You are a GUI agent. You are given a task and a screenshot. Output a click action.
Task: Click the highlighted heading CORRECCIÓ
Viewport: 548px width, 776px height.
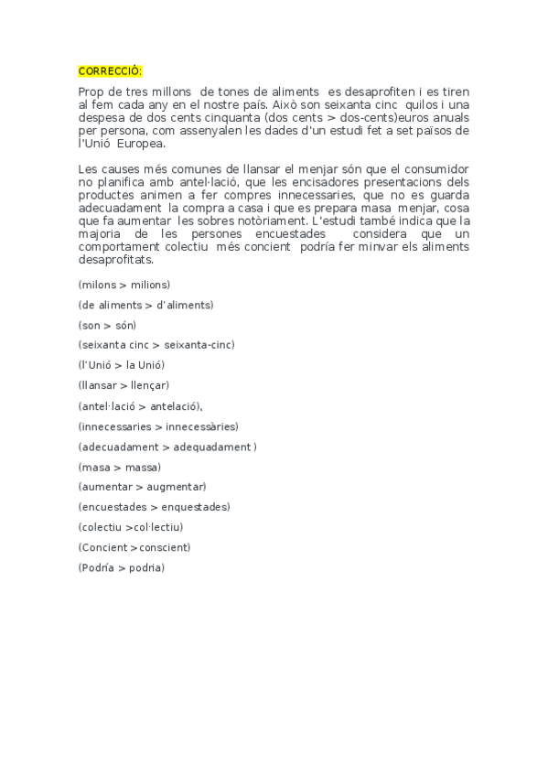111,70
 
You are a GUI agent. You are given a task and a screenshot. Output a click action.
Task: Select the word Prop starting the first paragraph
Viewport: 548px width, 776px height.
91,92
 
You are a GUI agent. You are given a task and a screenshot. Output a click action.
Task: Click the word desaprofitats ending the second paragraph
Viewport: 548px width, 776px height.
116,260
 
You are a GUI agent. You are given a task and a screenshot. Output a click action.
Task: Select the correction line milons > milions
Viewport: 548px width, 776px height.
124,285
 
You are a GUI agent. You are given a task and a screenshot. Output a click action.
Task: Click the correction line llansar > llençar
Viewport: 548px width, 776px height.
124,385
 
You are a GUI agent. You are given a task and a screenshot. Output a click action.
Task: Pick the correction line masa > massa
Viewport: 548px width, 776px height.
120,467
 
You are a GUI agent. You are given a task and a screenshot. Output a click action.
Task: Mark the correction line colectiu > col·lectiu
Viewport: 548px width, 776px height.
131,527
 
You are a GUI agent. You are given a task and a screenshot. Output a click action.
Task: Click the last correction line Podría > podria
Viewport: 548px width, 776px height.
122,568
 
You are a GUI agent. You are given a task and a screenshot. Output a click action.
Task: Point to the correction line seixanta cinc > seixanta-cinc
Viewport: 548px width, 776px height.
156,345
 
